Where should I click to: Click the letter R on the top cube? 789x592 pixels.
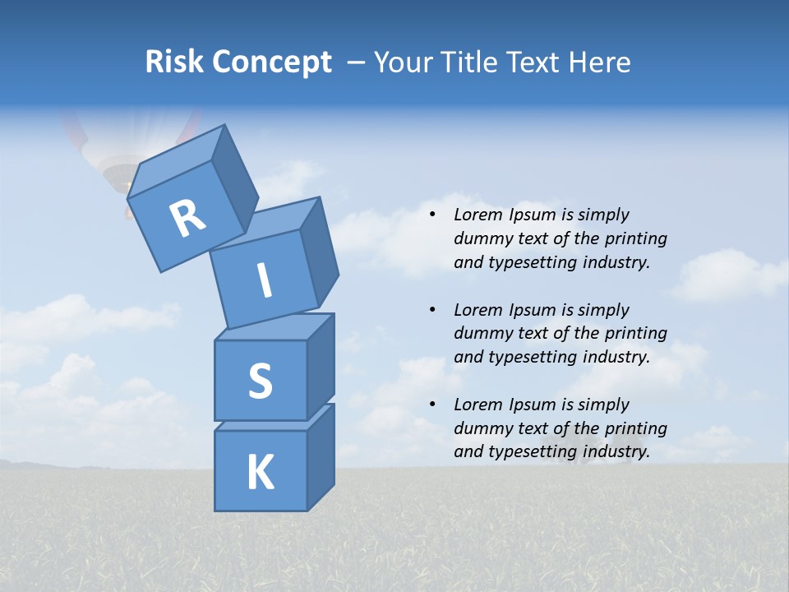[x=187, y=220]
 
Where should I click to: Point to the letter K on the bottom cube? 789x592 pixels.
[x=260, y=473]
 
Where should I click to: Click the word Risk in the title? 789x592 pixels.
[x=175, y=62]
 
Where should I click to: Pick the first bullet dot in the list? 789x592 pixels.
[x=432, y=215]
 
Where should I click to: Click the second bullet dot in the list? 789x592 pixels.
[x=432, y=310]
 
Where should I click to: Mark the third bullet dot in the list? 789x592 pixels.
[x=432, y=405]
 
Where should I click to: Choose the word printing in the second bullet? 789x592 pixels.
[x=635, y=334]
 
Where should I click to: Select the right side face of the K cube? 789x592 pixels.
[x=321, y=456]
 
